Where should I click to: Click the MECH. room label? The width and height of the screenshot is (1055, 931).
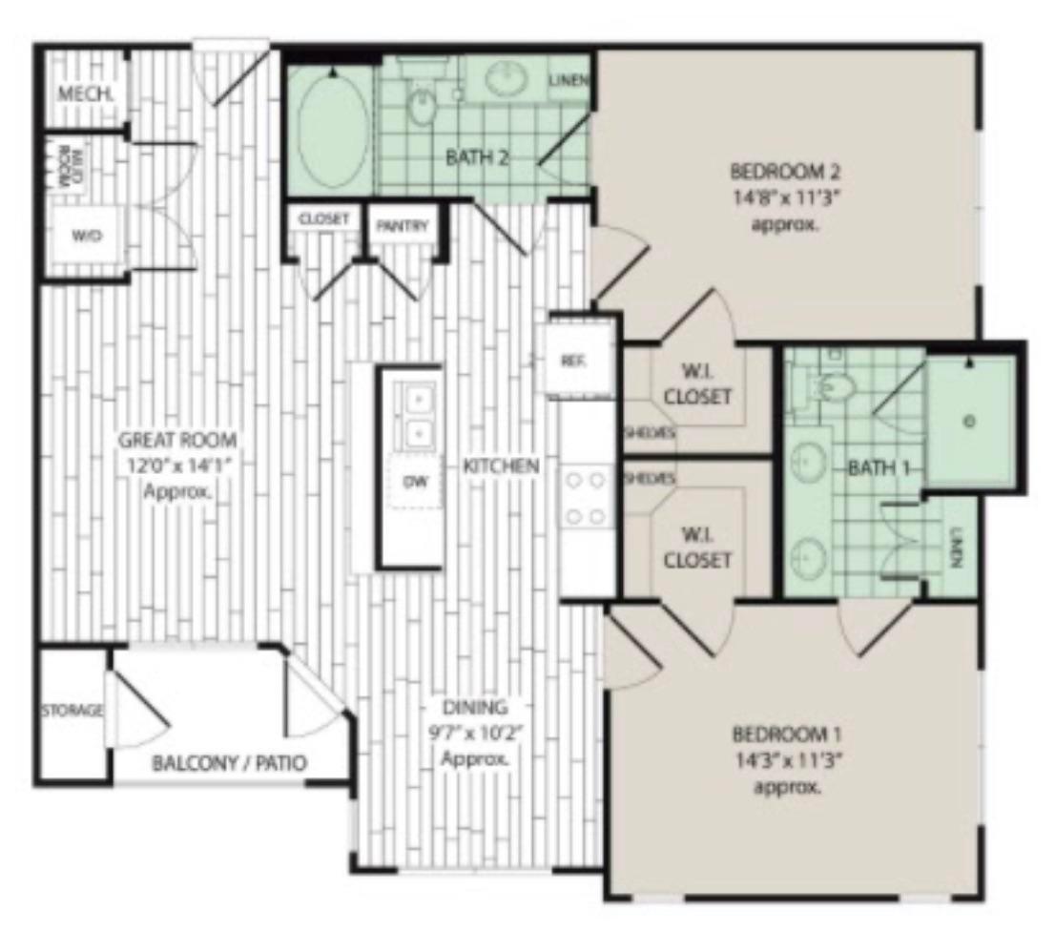click(x=85, y=94)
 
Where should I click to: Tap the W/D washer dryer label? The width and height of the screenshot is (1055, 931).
click(x=87, y=238)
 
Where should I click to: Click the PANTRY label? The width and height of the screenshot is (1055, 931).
click(x=402, y=226)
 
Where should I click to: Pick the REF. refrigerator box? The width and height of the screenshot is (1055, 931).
click(x=574, y=361)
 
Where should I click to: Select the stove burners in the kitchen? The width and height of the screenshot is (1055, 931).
click(x=586, y=498)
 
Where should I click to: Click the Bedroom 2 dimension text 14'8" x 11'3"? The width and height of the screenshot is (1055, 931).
click(x=787, y=199)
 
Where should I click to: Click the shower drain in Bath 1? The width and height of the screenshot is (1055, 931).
click(x=969, y=421)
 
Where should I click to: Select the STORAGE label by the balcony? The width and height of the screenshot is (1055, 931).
click(x=72, y=710)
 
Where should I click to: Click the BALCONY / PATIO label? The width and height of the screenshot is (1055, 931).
click(x=229, y=764)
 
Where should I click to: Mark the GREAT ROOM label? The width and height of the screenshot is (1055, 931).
click(x=177, y=440)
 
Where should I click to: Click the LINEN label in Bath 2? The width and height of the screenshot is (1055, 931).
click(x=568, y=81)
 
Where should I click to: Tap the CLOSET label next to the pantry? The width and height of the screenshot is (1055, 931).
click(x=323, y=218)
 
